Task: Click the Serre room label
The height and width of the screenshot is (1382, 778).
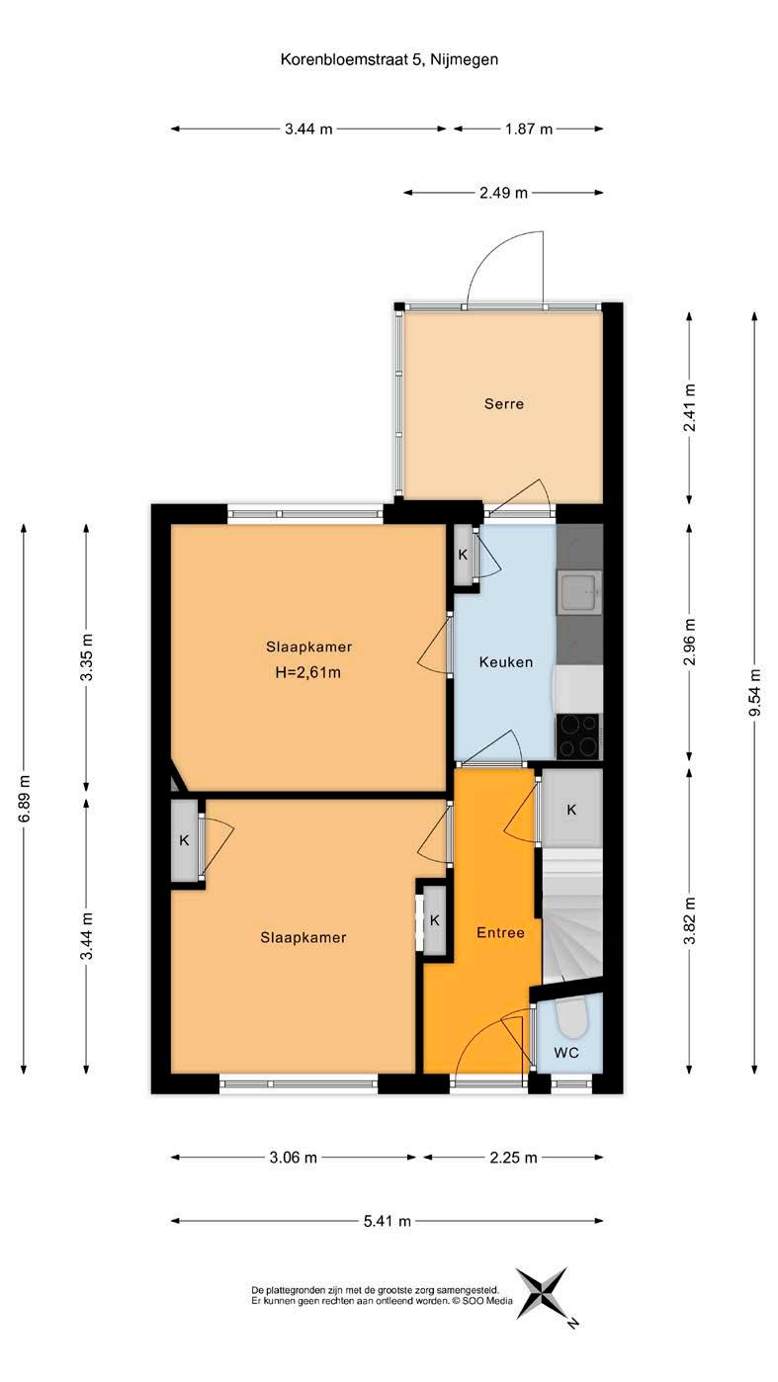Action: click(x=503, y=404)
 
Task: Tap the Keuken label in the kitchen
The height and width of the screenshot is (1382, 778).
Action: click(x=505, y=662)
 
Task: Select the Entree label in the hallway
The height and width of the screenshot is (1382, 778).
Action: click(x=500, y=932)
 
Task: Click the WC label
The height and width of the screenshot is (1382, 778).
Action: click(x=565, y=1052)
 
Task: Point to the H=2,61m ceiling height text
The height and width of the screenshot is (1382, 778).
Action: click(x=307, y=672)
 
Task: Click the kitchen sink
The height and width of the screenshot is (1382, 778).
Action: click(x=579, y=592)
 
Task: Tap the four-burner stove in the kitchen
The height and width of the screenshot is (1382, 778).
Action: click(x=578, y=735)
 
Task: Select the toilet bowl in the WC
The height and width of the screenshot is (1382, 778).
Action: click(x=570, y=1016)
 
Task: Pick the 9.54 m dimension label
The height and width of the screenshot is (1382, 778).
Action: click(x=754, y=692)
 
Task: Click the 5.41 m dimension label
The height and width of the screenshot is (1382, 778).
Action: click(x=387, y=1221)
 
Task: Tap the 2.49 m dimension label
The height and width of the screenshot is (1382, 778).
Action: click(x=503, y=193)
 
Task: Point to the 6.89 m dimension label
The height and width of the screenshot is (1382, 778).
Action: click(x=24, y=799)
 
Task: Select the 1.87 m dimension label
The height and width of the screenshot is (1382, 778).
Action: click(x=529, y=129)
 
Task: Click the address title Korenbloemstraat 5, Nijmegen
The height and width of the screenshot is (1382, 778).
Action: click(x=389, y=60)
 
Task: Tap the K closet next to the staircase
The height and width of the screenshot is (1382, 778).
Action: click(x=571, y=809)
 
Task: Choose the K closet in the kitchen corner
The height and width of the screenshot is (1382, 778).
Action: click(x=463, y=555)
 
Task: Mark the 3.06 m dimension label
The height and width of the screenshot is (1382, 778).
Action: click(x=293, y=1158)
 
